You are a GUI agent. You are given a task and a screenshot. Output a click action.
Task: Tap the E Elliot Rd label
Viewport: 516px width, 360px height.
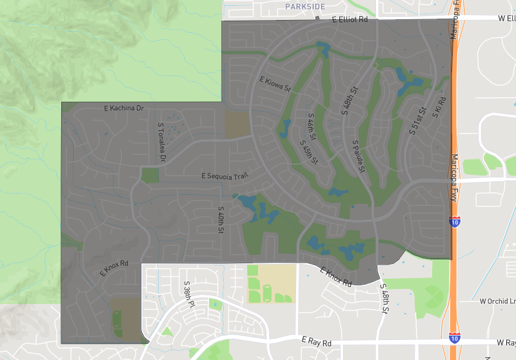pos(350,20)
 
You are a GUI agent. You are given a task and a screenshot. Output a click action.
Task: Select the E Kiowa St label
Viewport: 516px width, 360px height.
pos(275,84)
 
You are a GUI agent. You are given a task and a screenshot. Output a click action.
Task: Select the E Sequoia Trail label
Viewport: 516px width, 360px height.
pos(224,175)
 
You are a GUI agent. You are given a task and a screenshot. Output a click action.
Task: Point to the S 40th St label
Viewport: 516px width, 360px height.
pos(220,219)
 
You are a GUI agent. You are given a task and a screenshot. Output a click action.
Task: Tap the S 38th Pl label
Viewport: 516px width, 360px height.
pos(188,292)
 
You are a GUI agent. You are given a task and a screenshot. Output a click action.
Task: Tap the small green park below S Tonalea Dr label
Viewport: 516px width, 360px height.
pos(150,174)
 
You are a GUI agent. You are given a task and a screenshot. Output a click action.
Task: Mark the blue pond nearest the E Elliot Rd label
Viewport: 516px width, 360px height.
pos(323,48)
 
